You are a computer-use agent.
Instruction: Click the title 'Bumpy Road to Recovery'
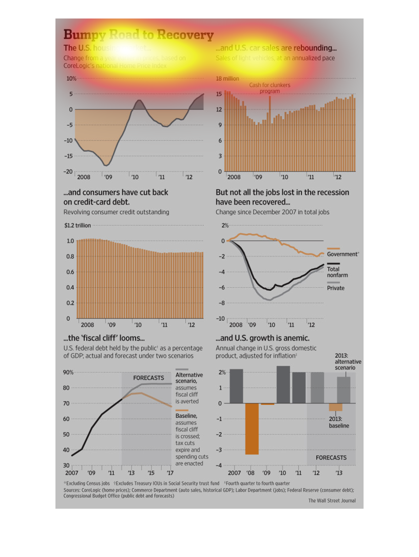pos(138,35)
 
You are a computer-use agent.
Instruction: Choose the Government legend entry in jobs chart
pos(342,254)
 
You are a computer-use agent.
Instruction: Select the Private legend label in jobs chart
pos(336,288)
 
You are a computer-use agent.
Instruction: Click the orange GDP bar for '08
pos(252,429)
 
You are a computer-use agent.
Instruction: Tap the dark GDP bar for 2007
pos(236,386)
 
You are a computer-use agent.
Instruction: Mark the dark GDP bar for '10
pos(283,384)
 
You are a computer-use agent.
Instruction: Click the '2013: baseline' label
pos(339,422)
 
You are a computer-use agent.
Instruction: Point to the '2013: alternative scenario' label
pos(348,362)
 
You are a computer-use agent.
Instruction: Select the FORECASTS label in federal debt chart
pos(148,378)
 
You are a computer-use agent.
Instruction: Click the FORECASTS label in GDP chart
pos(331,457)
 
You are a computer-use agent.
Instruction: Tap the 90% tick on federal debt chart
pos(69,372)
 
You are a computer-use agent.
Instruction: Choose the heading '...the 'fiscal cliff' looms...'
pos(104,338)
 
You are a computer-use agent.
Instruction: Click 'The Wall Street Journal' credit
pos(332,500)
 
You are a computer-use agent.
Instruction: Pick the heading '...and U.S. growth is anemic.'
pos(262,338)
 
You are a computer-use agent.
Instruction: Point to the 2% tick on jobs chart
pos(225,226)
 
